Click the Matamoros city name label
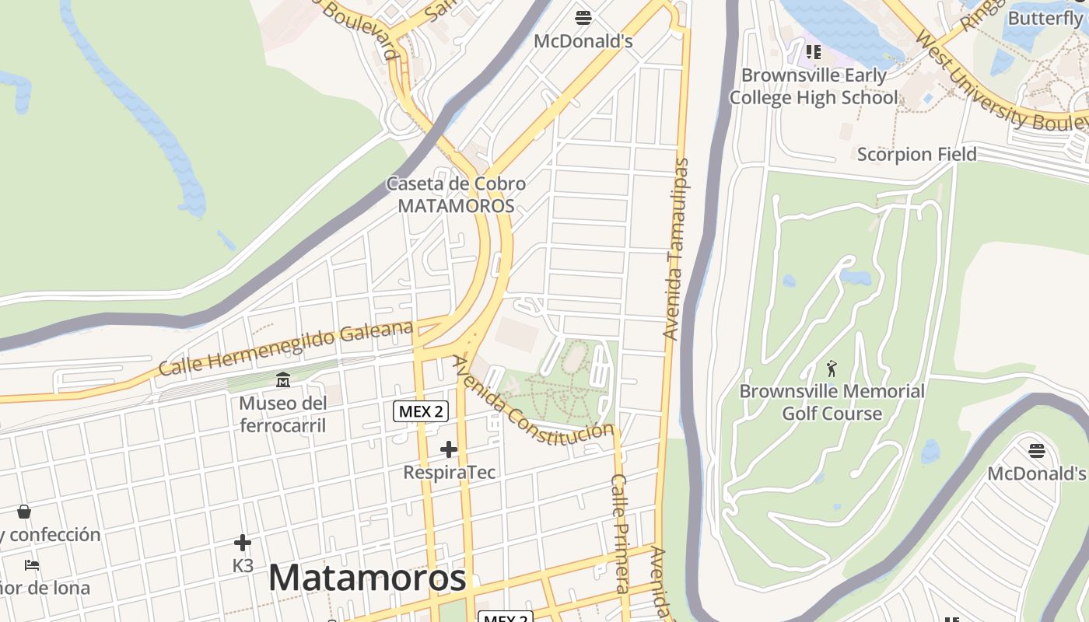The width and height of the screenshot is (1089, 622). [367, 578]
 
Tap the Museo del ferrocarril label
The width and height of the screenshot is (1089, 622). [282, 414]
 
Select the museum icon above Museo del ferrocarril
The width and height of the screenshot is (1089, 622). [282, 380]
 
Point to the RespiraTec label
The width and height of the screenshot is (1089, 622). [449, 472]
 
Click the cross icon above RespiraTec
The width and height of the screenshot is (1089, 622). [449, 449]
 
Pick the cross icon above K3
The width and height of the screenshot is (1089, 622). [243, 543]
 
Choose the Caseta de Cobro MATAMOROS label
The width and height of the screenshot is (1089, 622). [457, 195]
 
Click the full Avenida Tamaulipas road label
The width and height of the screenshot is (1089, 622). [675, 249]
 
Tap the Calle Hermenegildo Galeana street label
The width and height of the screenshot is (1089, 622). [285, 348]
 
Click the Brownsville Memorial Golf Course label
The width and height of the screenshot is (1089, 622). [832, 402]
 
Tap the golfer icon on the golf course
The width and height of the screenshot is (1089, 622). [832, 369]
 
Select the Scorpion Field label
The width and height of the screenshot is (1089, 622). [916, 154]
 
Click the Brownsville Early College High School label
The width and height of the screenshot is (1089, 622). [814, 86]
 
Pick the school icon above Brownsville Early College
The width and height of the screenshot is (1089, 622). [814, 52]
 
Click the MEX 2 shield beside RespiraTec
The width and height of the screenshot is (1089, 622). [421, 411]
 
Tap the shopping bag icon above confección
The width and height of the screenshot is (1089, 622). [24, 512]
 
